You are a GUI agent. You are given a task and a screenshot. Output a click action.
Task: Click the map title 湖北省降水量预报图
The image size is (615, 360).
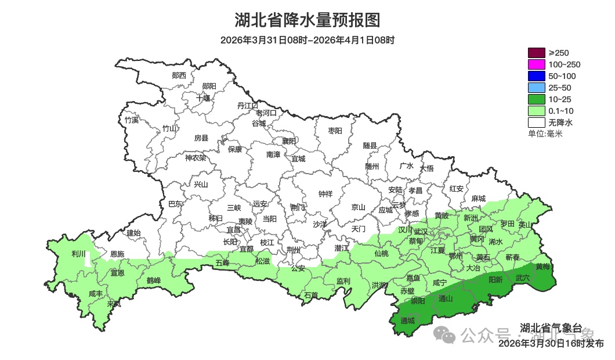[307, 20]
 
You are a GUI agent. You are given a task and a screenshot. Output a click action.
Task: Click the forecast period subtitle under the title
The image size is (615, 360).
[307, 40]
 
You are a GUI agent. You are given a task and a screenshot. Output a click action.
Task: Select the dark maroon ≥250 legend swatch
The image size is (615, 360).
[536, 53]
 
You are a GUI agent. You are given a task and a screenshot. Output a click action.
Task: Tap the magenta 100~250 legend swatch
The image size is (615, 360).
[536, 64]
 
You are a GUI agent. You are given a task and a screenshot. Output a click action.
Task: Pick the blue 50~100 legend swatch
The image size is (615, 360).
[536, 76]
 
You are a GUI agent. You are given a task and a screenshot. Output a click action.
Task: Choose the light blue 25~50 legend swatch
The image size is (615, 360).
[536, 88]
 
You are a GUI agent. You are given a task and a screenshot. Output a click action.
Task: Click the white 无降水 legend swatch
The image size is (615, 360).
[536, 123]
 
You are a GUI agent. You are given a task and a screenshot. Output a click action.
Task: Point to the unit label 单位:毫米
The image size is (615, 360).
[545, 134]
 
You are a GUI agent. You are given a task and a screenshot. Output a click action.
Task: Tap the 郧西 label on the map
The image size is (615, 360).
[179, 75]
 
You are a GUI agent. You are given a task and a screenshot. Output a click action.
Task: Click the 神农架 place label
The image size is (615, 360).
[195, 157]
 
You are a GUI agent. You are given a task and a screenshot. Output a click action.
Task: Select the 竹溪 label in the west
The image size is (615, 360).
[132, 120]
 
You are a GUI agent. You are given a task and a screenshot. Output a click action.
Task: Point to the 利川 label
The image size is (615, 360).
[78, 254]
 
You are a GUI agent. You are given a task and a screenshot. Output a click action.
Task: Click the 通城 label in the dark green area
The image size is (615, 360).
[408, 321]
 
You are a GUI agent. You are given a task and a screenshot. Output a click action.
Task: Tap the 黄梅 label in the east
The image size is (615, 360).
[543, 267]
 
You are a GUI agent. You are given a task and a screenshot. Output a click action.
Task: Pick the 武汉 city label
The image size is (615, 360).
[420, 232]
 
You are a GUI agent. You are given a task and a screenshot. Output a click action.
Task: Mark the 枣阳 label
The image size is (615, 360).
[335, 131]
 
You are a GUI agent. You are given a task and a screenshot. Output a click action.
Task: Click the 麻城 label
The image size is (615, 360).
[478, 198]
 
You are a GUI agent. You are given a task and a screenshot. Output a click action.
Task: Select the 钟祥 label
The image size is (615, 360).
[325, 194]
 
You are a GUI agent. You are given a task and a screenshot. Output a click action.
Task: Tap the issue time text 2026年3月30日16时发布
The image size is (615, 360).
[551, 344]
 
